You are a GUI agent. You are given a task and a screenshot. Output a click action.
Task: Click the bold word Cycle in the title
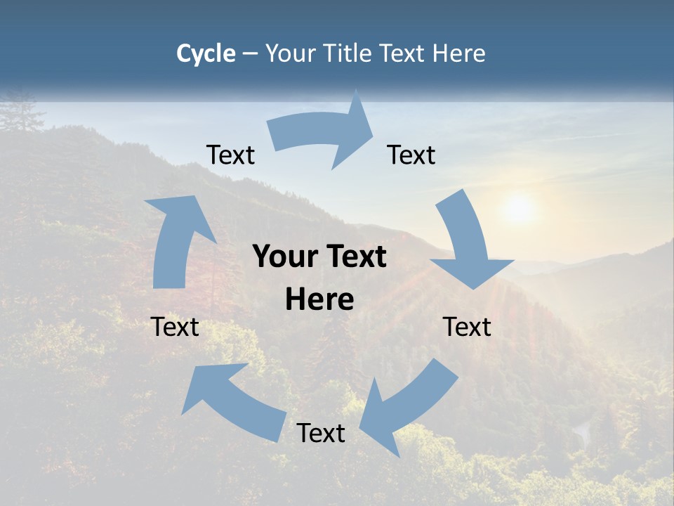[x=206, y=53]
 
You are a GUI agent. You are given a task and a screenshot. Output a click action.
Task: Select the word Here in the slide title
[x=460, y=53]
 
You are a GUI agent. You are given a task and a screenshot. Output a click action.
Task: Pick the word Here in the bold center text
[x=319, y=300]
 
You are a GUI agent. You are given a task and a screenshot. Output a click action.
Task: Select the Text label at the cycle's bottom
[x=321, y=433]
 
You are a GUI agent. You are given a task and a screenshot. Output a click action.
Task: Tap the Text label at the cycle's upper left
[x=230, y=155]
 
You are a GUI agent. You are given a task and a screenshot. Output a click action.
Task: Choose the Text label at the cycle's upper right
[x=411, y=155]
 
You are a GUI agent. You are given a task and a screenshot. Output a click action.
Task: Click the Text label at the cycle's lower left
[x=175, y=327]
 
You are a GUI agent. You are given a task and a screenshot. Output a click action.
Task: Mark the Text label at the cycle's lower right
[x=467, y=327]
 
